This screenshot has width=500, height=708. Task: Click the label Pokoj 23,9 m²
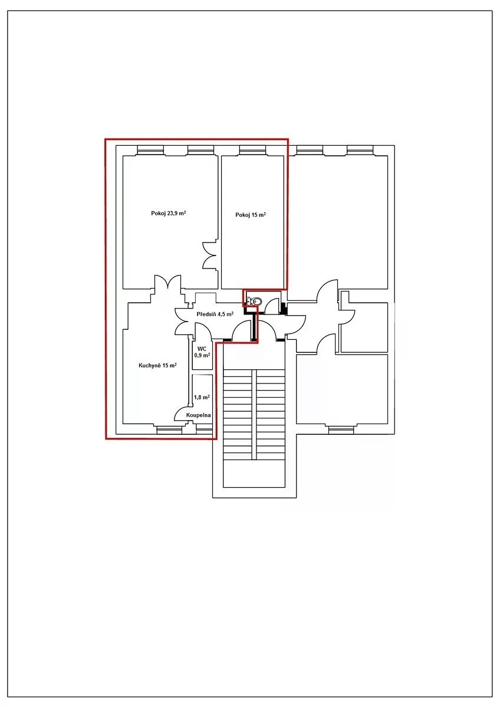tap(168, 214)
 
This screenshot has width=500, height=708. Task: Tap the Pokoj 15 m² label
tap(250, 215)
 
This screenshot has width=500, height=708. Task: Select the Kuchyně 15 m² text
tap(157, 365)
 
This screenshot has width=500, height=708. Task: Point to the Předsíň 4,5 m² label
tap(215, 314)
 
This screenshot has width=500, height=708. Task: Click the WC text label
tap(202, 349)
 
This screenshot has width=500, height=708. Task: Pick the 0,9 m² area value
tap(202, 355)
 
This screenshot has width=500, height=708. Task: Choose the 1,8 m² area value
tap(202, 397)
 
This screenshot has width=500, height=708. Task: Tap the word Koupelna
tap(198, 415)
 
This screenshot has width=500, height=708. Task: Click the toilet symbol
tap(254, 301)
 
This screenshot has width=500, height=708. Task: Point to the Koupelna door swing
tap(183, 414)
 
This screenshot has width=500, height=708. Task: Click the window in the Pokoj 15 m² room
tap(252, 150)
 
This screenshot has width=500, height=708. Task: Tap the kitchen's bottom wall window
tap(169, 430)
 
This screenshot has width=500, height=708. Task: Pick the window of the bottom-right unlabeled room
tap(341, 430)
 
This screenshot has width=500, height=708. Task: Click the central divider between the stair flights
tap(254, 414)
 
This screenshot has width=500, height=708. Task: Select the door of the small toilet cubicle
tap(271, 307)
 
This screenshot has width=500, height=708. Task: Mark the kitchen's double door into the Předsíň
tap(183, 321)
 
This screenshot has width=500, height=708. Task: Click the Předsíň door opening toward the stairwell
tap(241, 331)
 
